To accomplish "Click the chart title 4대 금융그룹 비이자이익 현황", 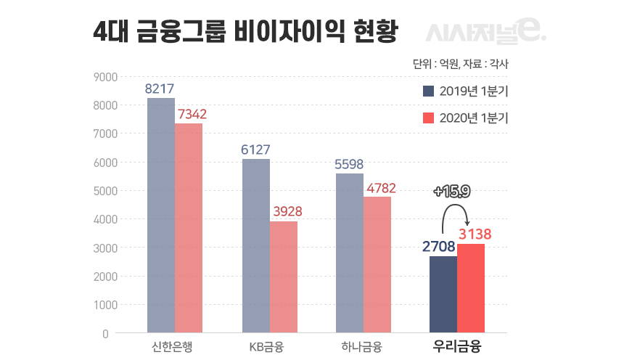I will coord(246,33).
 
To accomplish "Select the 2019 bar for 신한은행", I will coord(160,216).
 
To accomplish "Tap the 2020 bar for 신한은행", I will coord(189,228).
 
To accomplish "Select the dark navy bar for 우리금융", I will coord(443,295).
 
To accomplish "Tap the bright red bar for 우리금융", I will coord(472,289).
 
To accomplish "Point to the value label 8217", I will coord(160,89).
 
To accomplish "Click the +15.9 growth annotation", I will coord(451,192).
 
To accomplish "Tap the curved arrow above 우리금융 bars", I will coord(454,214).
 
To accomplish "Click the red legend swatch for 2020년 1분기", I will coord(428,118).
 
